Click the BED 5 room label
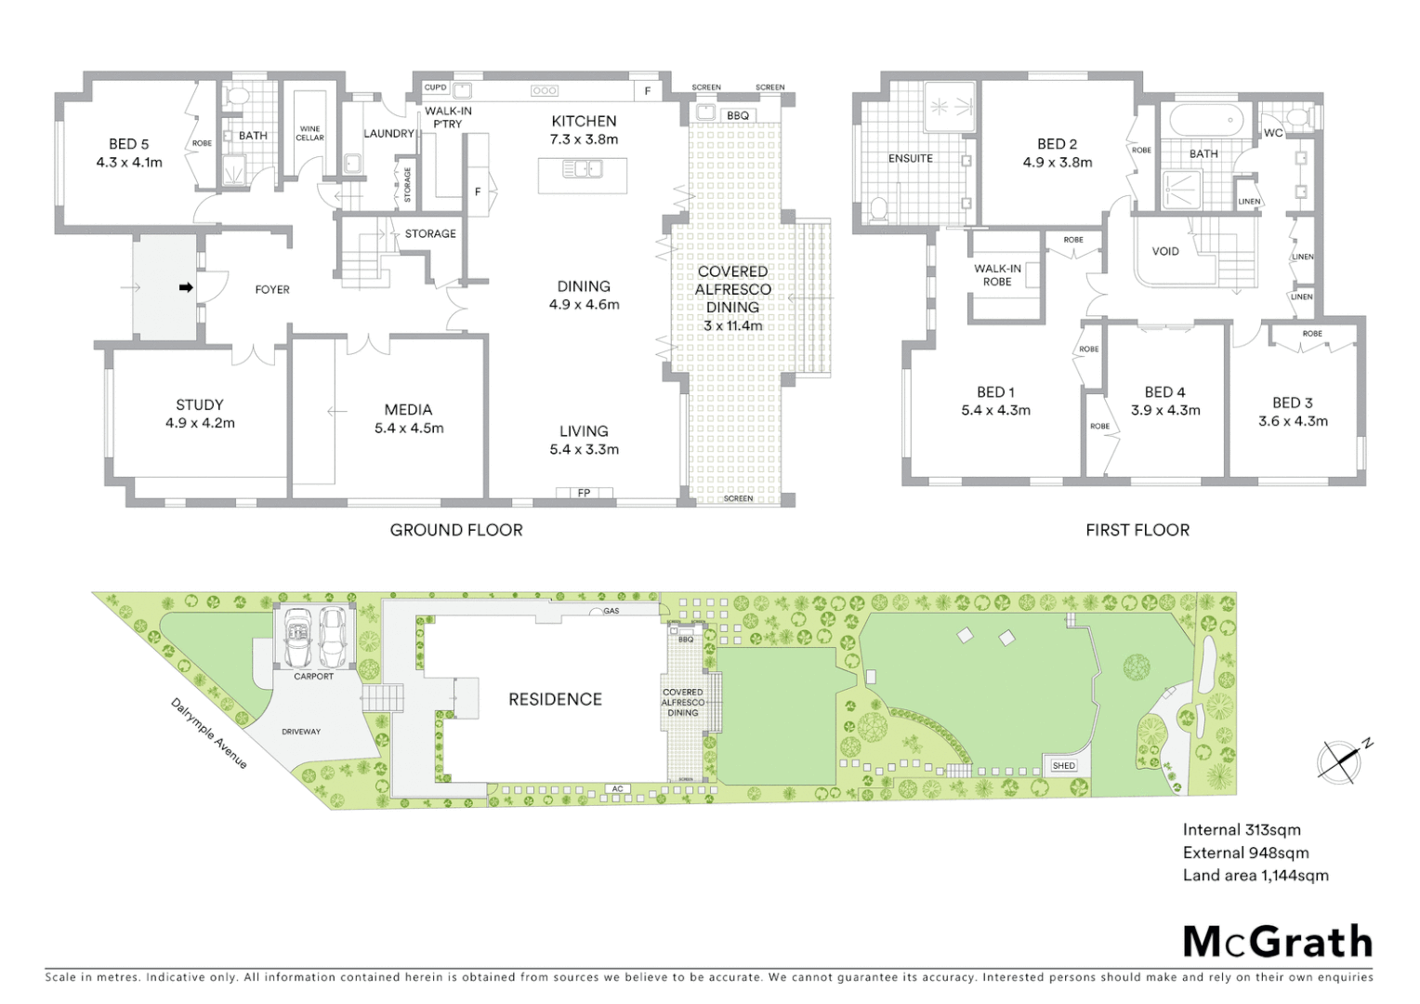point(129,144)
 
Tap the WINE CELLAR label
point(309,134)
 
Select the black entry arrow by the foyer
point(186,288)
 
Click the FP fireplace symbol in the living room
point(584,493)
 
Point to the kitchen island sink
point(583,169)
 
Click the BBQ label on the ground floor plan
point(738,115)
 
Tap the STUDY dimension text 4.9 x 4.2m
point(200,423)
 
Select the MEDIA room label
point(408,409)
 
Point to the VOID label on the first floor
point(1165,251)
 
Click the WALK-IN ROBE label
point(997,275)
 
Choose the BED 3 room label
point(1293,403)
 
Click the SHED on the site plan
point(1063,766)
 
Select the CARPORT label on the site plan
point(313,676)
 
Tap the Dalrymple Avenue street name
point(210,733)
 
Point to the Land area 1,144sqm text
point(1256,875)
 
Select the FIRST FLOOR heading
point(1137,530)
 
